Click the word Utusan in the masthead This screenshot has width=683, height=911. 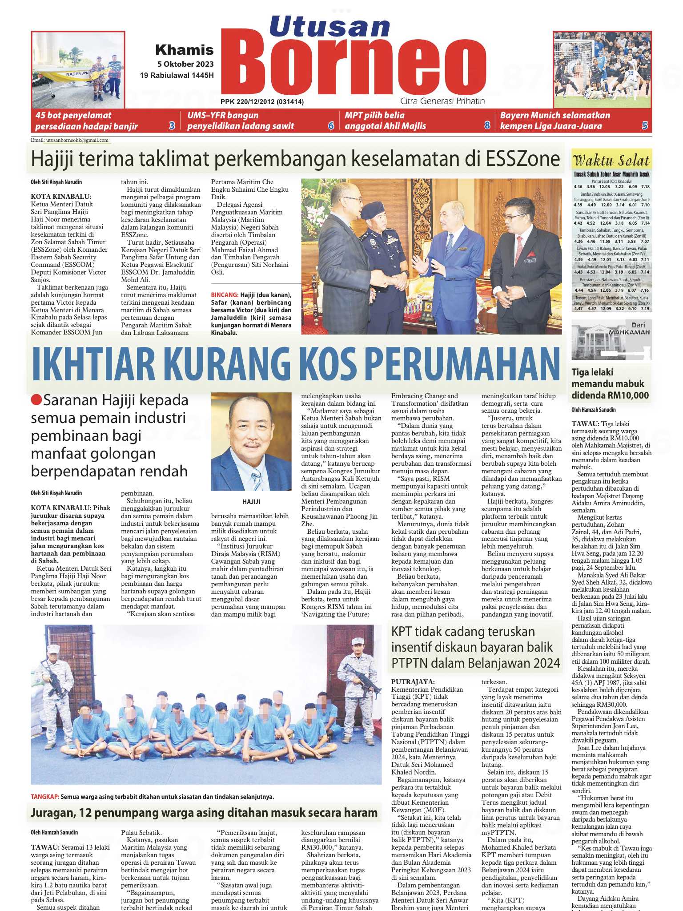click(x=329, y=26)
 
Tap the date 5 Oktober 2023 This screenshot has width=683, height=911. click(x=185, y=64)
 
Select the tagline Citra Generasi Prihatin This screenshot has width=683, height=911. click(x=442, y=101)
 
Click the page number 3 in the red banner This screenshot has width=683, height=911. click(x=172, y=126)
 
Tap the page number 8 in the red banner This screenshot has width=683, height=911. click(x=487, y=126)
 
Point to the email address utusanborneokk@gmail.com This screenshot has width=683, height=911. click(x=77, y=140)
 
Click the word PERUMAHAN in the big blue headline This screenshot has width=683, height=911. click(x=462, y=364)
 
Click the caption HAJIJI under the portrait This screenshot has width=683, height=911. click(x=251, y=501)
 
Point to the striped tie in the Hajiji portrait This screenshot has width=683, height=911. click(x=257, y=480)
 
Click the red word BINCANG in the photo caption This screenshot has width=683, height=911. click(x=225, y=295)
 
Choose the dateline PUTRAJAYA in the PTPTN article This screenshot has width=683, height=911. click(x=413, y=681)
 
